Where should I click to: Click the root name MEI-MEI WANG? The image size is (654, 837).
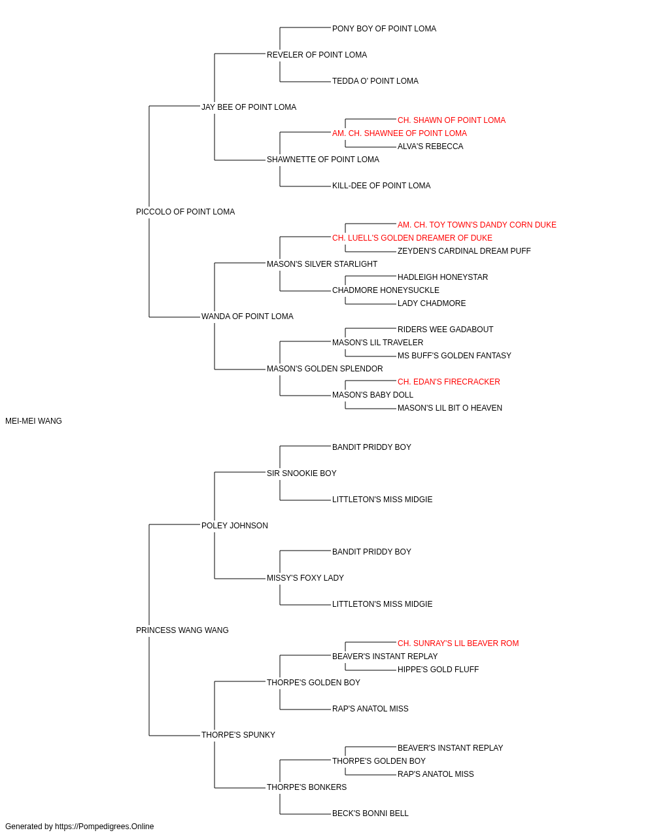[x=33, y=421]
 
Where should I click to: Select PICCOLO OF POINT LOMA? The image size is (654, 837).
[x=185, y=212]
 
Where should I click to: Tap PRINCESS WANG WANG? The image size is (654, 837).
[x=182, y=630]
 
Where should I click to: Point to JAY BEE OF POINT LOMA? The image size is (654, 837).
[x=249, y=107]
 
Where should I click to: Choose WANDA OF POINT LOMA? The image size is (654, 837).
[x=247, y=316]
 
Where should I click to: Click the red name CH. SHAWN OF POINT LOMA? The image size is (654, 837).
[x=451, y=120]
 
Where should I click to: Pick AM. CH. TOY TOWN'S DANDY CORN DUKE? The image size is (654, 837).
[x=477, y=225]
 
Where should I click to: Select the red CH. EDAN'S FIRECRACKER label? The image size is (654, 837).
[x=449, y=382]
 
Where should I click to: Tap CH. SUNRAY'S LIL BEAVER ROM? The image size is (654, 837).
[x=458, y=643]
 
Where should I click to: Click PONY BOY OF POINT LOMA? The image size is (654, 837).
[x=384, y=29]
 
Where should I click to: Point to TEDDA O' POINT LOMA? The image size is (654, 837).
[x=375, y=81]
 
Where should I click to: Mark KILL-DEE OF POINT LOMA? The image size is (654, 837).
[x=381, y=186]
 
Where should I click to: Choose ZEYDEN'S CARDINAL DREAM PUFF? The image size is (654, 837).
[x=464, y=251]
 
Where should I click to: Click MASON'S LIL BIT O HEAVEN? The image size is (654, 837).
[x=450, y=408]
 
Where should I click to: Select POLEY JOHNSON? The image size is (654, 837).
[x=235, y=526]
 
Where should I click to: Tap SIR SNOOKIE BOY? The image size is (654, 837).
[x=301, y=473]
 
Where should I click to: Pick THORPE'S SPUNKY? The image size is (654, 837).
[x=239, y=735]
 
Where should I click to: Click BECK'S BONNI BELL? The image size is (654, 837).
[x=370, y=813]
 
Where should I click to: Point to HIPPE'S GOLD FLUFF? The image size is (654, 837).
[x=438, y=670]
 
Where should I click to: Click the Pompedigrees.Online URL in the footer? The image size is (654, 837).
[x=105, y=827]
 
